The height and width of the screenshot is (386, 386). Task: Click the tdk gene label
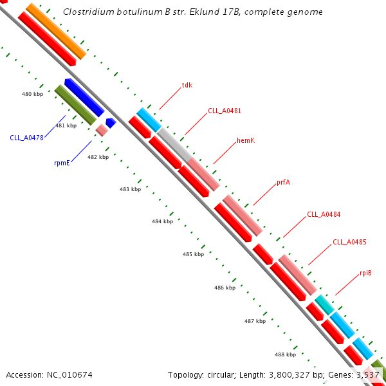187,85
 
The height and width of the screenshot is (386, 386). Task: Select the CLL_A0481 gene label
225,111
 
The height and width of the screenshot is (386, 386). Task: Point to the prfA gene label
283,182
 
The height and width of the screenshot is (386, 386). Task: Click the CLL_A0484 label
324,214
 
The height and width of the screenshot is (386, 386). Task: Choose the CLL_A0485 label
349,243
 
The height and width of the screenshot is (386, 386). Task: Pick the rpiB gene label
365,273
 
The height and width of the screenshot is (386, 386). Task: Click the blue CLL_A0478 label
26,137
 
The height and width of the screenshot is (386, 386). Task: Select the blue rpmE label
62,163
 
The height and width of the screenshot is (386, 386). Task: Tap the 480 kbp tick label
32,94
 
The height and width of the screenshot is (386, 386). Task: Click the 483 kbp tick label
130,189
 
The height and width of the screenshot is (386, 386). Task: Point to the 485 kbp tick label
193,254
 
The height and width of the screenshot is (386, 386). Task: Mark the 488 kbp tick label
285,354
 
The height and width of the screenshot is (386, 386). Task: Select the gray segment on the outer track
174,145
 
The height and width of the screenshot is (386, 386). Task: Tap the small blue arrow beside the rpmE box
111,122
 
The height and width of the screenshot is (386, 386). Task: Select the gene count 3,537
367,374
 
